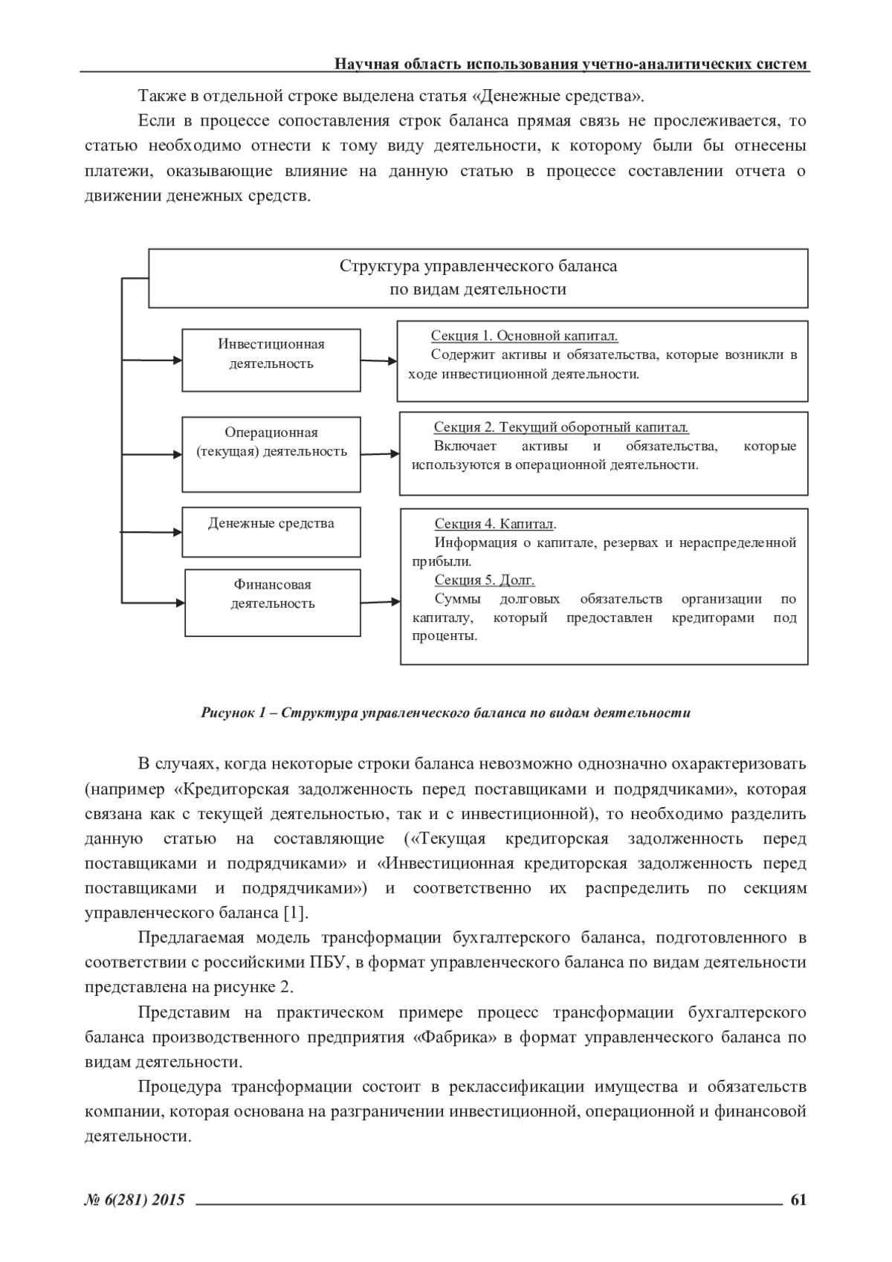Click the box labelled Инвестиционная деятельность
pos(271,360)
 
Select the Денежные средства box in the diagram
pos(271,531)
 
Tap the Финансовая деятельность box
pos(272,602)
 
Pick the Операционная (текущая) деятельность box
pos(271,453)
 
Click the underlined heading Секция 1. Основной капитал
pos(524,336)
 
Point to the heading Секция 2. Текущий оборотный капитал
pos(561,427)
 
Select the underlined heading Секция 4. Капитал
pos(495,524)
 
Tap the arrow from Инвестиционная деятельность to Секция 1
pos(379,361)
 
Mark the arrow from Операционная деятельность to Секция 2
pos(381,453)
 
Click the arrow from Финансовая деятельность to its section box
pos(381,601)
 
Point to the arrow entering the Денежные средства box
pos(152,531)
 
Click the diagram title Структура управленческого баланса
pos(478,266)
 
